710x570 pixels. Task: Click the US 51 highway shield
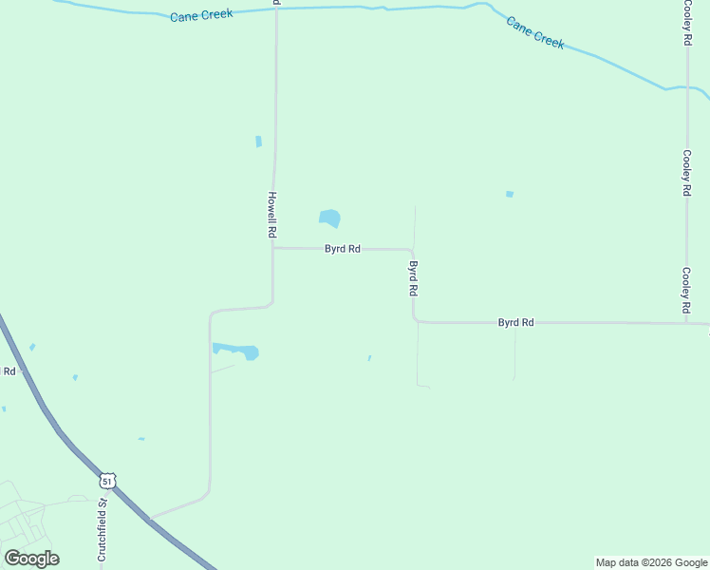coord(107,482)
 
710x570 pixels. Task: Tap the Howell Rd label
coord(271,214)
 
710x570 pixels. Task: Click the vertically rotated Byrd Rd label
coord(413,278)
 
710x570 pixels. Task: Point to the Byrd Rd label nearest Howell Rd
coord(342,249)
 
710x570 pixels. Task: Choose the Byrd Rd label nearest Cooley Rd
coord(515,323)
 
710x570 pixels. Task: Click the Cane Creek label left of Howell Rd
coord(201,15)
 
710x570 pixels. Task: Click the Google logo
coord(31,559)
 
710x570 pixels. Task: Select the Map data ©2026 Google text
coord(651,562)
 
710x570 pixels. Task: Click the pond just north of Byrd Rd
coord(329,218)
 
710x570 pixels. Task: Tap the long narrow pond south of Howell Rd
coord(234,351)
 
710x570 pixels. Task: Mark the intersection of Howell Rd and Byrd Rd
coord(273,249)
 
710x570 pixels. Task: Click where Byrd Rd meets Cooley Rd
coord(686,323)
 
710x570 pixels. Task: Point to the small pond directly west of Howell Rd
coord(258,142)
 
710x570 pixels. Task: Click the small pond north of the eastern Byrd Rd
coord(510,194)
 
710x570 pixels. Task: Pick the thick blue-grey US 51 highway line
coord(57,428)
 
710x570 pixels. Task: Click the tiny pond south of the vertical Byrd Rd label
coord(369,358)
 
